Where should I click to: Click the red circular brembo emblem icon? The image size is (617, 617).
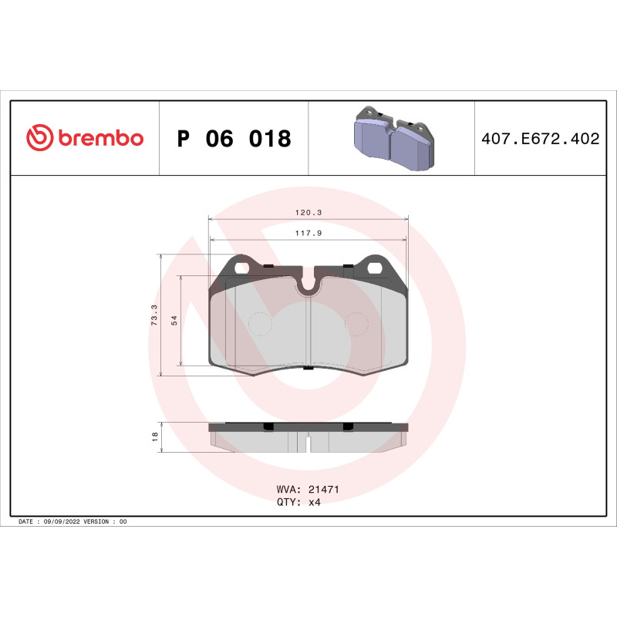40,139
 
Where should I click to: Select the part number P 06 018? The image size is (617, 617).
234,139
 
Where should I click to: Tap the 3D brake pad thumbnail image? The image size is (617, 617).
392,139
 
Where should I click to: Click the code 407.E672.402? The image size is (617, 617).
540,139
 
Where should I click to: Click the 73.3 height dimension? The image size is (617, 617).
154,315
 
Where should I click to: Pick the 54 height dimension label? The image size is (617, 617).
174,320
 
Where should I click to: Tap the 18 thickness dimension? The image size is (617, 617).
155,437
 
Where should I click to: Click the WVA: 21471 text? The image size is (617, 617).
308,489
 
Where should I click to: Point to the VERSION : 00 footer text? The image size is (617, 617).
108,522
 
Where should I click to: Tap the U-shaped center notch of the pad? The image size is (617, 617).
309,287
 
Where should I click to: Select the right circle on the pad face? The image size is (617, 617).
357,323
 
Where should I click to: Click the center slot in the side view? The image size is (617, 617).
308,444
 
